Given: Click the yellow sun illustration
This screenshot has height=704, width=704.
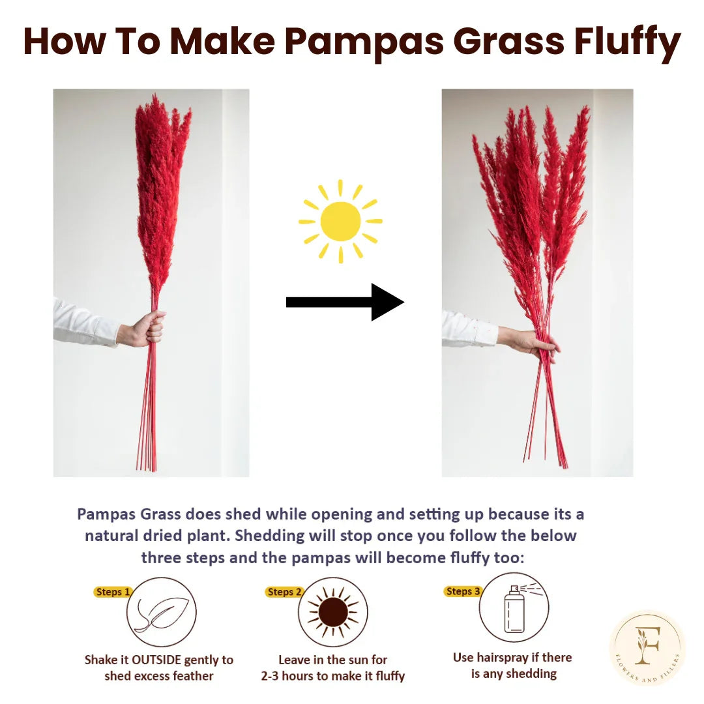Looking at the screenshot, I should pos(340,222).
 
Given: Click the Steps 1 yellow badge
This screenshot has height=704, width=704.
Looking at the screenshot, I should pos(113,592).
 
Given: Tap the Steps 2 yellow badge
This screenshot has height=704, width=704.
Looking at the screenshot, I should pos(284,592).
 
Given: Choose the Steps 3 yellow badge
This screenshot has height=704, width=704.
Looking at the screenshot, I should pos(463,591).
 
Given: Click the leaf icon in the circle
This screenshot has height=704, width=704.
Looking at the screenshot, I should pos(161,612).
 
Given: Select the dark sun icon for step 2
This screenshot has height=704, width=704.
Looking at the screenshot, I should pos(333,612).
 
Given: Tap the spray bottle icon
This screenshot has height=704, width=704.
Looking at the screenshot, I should pos(515,608).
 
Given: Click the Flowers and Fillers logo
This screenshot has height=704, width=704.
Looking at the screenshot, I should pos(647,647).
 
